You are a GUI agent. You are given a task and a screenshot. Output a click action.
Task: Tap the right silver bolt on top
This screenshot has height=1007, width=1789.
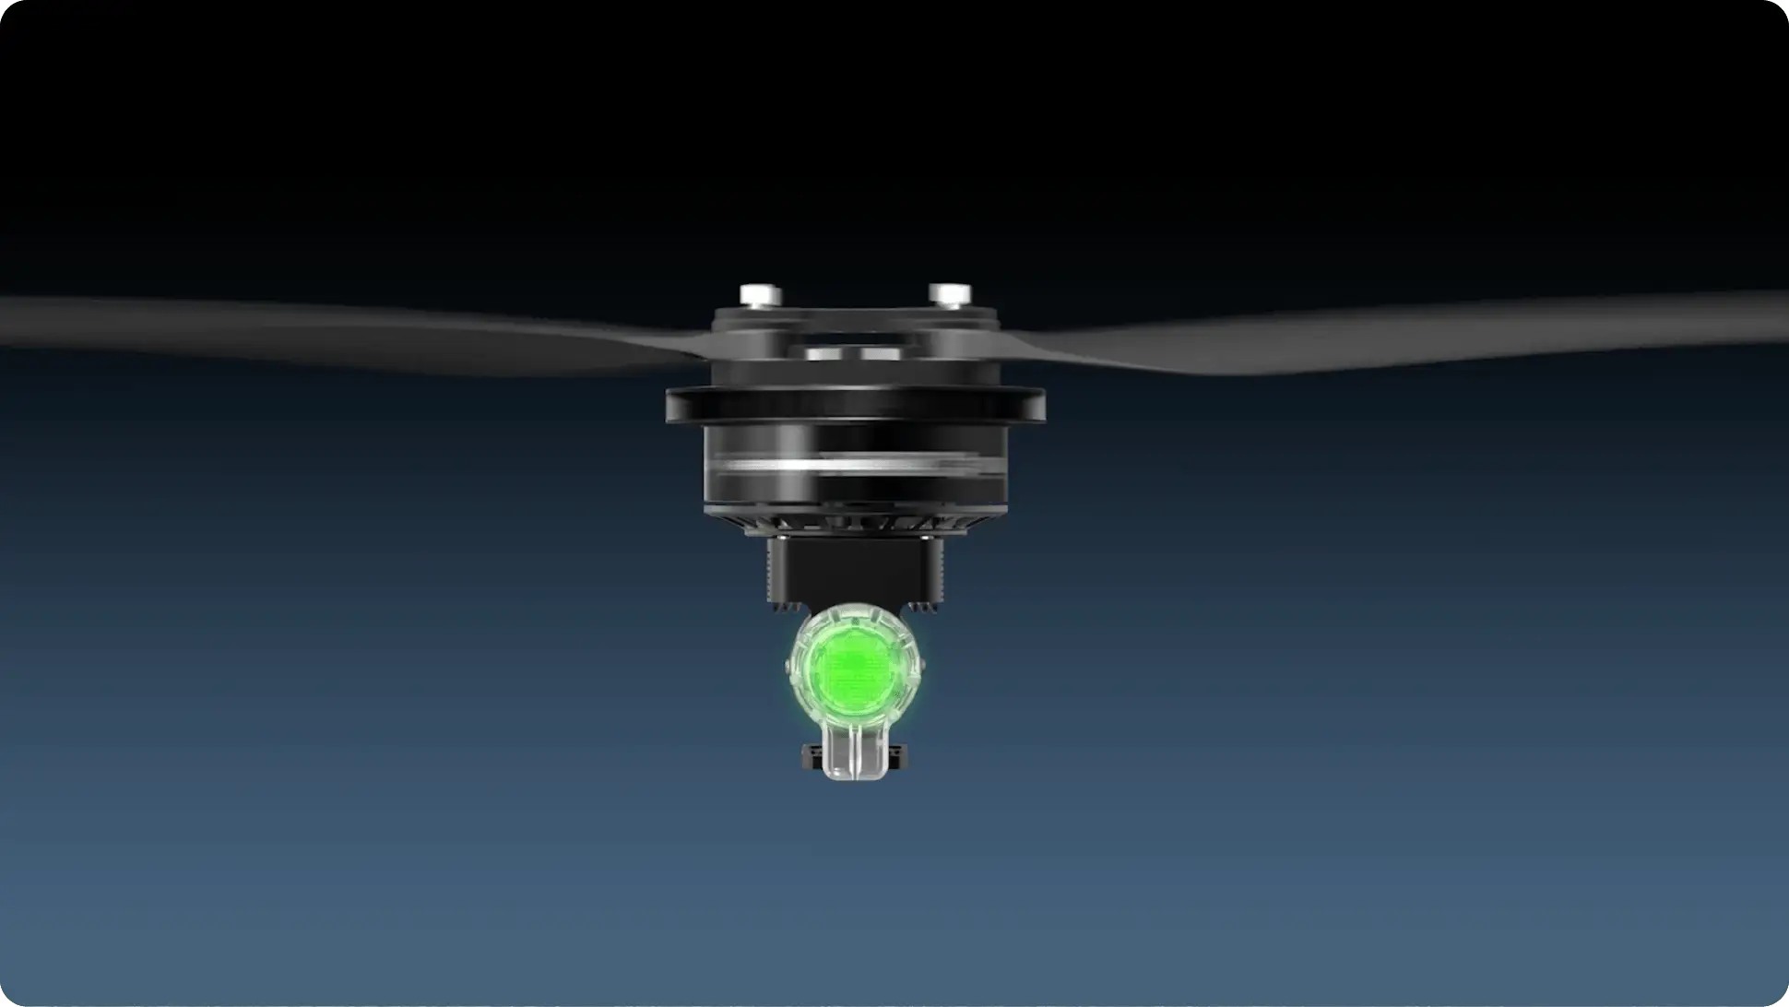coord(947,295)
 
